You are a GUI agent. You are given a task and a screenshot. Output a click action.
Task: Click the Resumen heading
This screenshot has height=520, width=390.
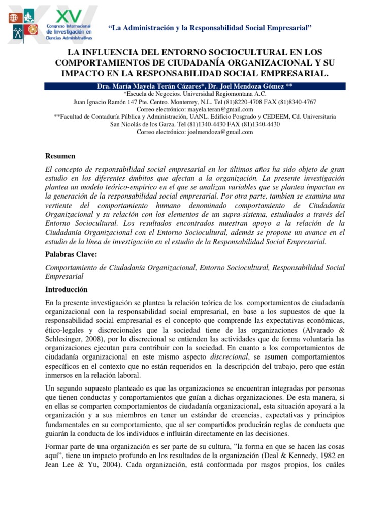[x=60, y=156]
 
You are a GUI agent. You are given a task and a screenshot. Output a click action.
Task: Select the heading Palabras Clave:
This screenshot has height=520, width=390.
[x=71, y=254]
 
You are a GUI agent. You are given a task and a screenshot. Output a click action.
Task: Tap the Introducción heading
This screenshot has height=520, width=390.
[x=67, y=289]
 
